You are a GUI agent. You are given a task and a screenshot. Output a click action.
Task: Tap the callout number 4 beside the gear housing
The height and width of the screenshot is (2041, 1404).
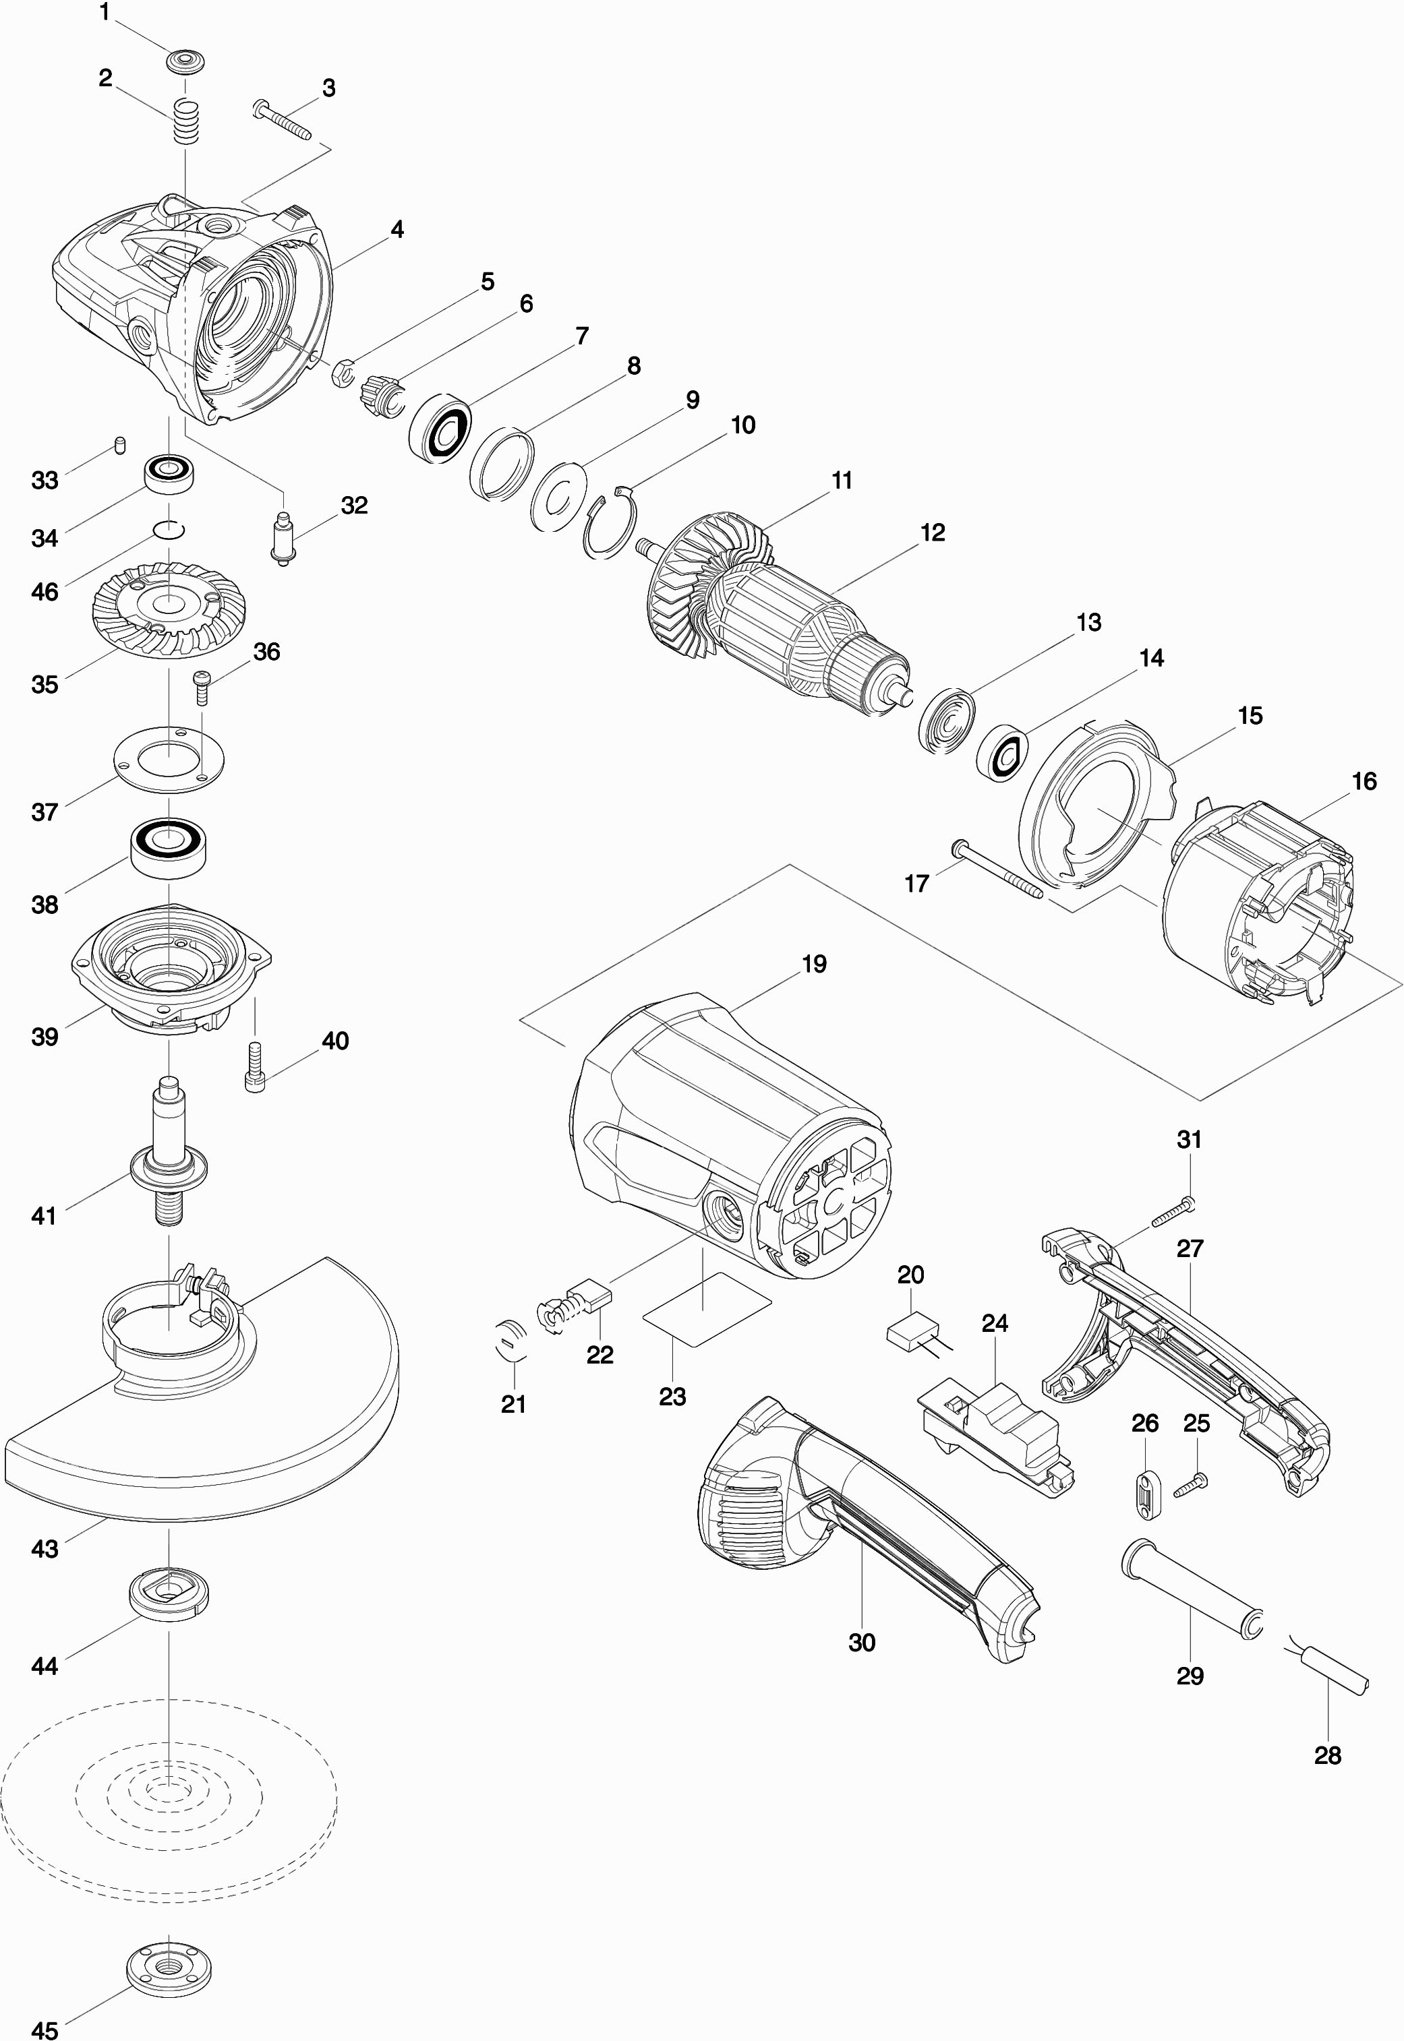397,231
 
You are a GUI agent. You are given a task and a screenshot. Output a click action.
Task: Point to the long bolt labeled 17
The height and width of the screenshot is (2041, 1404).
997,872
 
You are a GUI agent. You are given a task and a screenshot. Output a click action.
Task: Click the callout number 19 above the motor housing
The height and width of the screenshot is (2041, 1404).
814,965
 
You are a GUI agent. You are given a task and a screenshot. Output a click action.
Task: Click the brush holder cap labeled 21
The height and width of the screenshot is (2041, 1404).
511,1341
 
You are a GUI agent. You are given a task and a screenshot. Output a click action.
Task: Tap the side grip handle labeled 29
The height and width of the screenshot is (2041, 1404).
1192,1589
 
